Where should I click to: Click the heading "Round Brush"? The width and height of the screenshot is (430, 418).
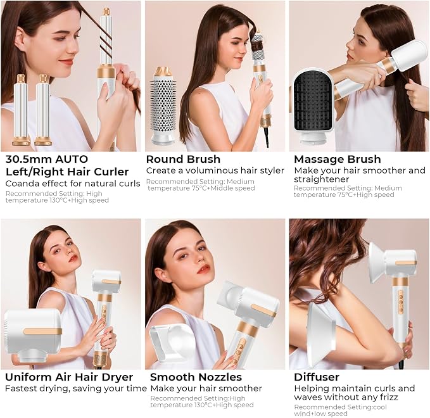pos(183,159)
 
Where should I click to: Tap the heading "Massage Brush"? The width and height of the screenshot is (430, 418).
pos(338,159)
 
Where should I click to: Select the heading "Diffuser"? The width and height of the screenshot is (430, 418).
pos(317,377)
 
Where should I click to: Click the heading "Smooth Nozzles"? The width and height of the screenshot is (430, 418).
pos(196,377)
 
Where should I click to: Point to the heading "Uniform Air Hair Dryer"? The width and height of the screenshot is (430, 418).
pos(69,377)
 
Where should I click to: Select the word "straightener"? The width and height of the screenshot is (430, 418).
pos(317,179)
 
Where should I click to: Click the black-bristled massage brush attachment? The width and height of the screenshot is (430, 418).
pos(313,106)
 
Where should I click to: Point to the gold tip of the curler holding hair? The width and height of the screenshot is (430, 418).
pos(106,11)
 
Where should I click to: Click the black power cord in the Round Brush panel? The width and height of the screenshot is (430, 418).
pos(267,137)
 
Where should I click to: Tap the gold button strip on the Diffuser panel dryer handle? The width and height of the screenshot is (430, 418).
pos(401,301)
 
